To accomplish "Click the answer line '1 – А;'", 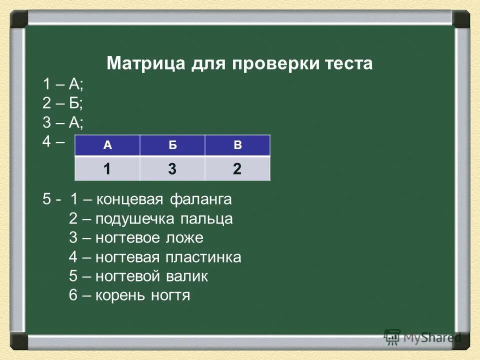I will pos(63,84).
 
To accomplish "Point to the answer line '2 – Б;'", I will pos(63,103).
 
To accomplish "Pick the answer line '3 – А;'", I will pos(63,122).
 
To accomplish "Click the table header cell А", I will pos(107,145).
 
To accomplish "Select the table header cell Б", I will pos(172,145).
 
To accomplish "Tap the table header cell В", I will pos(237,145).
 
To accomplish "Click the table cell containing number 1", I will pos(107,168).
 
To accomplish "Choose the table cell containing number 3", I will pos(172,168).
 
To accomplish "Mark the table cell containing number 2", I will pos(237,168).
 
